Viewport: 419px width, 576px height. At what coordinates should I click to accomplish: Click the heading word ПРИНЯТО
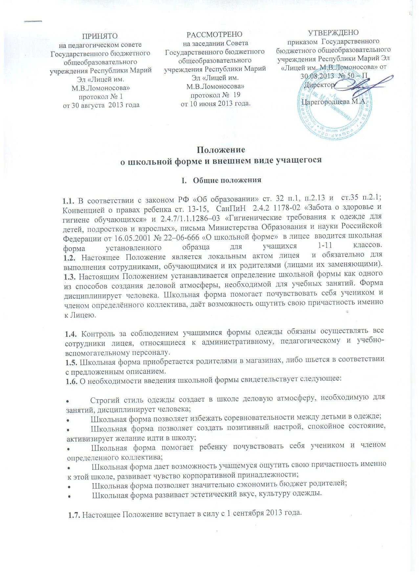pos(100,36)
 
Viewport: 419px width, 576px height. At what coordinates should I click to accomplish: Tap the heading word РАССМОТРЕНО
pos(214,34)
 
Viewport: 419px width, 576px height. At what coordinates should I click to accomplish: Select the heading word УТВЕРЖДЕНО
pos(333,33)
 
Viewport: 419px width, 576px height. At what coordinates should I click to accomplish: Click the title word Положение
pos(221,150)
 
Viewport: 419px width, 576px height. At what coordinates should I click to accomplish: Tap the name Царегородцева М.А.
pos(333,101)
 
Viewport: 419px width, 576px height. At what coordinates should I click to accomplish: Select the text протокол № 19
pos(215,95)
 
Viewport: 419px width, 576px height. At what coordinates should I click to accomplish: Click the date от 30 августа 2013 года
pos(101,105)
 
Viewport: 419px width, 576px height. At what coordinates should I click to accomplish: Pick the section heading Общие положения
pos(227,180)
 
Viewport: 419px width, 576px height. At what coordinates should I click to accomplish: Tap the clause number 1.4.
pos(71,334)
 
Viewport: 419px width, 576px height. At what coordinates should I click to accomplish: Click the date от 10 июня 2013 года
pos(215,103)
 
